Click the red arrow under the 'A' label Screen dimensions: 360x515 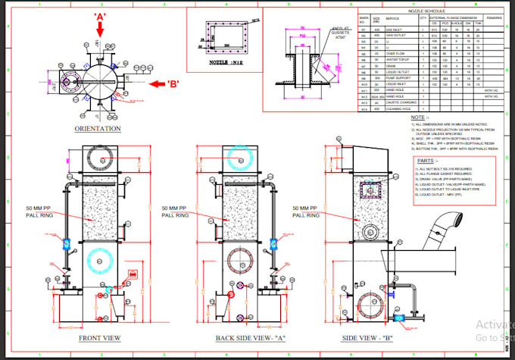pyautogui.click(x=99, y=29)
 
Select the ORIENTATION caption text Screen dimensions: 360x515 pyautogui.click(x=98, y=129)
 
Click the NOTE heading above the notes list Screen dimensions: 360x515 pyautogui.click(x=418, y=117)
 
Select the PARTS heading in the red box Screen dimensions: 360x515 pyautogui.click(x=427, y=161)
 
